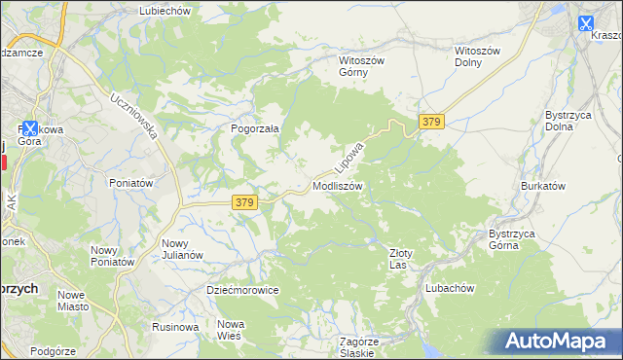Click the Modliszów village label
(x=338, y=185)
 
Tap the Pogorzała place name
(x=255, y=127)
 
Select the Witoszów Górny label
(x=362, y=66)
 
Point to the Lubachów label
(x=449, y=288)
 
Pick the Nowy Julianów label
(x=182, y=249)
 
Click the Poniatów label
(x=131, y=183)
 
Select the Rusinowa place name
(x=175, y=327)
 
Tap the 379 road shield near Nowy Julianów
(x=244, y=202)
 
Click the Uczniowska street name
(x=134, y=116)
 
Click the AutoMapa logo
(x=559, y=342)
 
